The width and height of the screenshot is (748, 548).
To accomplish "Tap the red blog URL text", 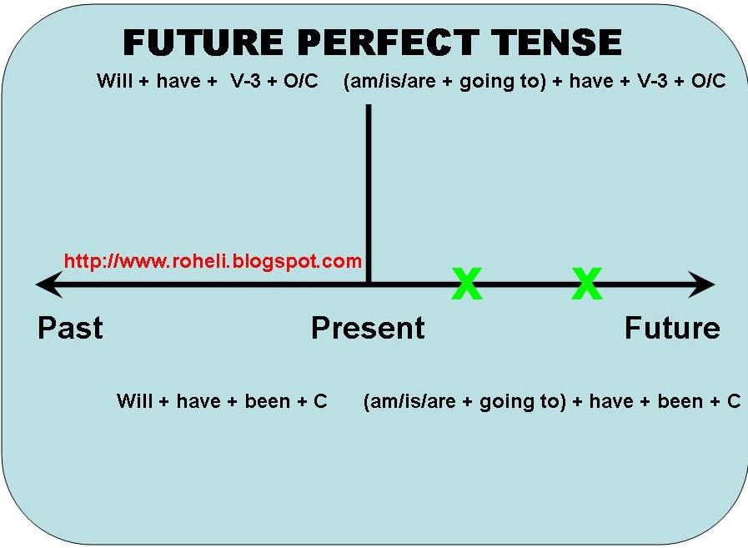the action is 213,261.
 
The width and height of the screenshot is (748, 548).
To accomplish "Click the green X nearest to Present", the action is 467,284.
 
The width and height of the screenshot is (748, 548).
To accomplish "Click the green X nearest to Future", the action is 587,284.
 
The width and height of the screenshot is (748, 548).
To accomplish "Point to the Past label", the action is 70,328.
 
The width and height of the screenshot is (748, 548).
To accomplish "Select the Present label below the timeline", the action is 368,328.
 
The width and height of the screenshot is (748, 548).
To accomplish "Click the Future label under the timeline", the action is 672,328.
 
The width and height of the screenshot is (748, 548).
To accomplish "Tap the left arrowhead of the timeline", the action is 45,284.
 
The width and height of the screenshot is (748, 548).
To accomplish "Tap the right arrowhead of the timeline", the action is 705,284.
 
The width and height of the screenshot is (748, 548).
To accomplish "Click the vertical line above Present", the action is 368,192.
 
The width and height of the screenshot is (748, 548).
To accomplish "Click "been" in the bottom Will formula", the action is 268,401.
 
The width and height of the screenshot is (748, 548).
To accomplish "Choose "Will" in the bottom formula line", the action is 134,401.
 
